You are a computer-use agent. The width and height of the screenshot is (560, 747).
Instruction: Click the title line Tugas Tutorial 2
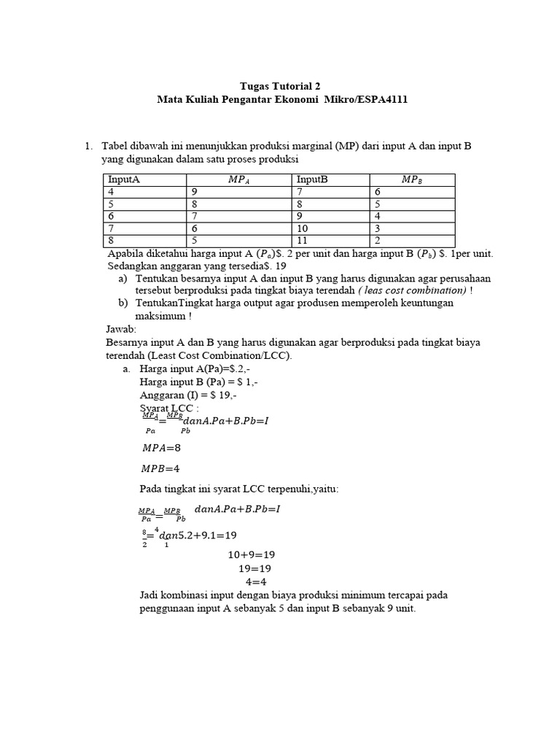[x=281, y=85]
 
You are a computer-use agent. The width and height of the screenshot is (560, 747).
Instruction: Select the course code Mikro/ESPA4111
[x=365, y=99]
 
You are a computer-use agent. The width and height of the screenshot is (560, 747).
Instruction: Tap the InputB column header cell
[x=312, y=179]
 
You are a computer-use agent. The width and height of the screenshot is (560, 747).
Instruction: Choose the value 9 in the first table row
[x=195, y=192]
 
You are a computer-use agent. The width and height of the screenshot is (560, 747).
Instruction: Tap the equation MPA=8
[x=160, y=448]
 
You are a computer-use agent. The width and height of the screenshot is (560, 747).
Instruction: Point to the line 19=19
[x=256, y=568]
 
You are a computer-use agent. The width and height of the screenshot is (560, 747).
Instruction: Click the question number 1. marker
[x=89, y=146]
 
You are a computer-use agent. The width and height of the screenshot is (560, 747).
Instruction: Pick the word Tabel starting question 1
[x=115, y=146]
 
